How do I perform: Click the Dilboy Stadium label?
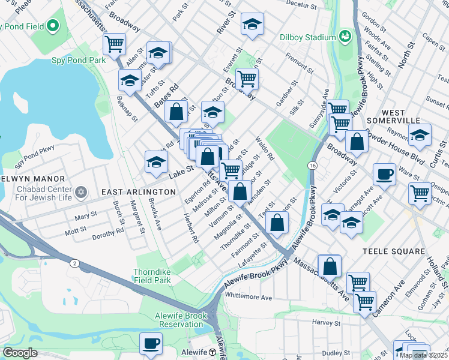click(307, 37)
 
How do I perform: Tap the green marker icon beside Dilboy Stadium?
click(345, 37)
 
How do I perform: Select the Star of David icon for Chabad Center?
click(81, 192)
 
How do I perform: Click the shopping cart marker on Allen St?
click(114, 43)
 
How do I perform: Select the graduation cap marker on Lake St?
click(156, 161)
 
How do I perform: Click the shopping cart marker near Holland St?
click(419, 193)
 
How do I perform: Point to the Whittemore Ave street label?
click(249, 297)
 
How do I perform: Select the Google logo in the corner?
click(19, 353)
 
